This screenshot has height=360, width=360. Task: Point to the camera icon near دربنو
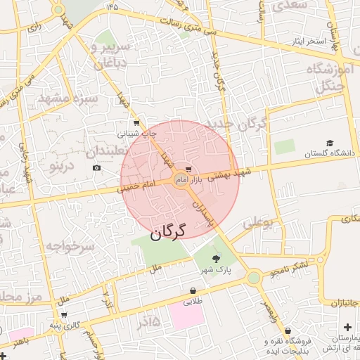pyautogui.click(x=96, y=167)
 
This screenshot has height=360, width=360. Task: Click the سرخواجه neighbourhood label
pyautogui.click(x=70, y=246)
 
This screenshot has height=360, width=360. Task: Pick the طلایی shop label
pyautogui.click(x=193, y=303)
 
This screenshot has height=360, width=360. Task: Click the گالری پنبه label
pyautogui.click(x=76, y=325)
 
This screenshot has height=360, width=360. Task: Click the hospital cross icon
pyautogui.click(x=348, y=328)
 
